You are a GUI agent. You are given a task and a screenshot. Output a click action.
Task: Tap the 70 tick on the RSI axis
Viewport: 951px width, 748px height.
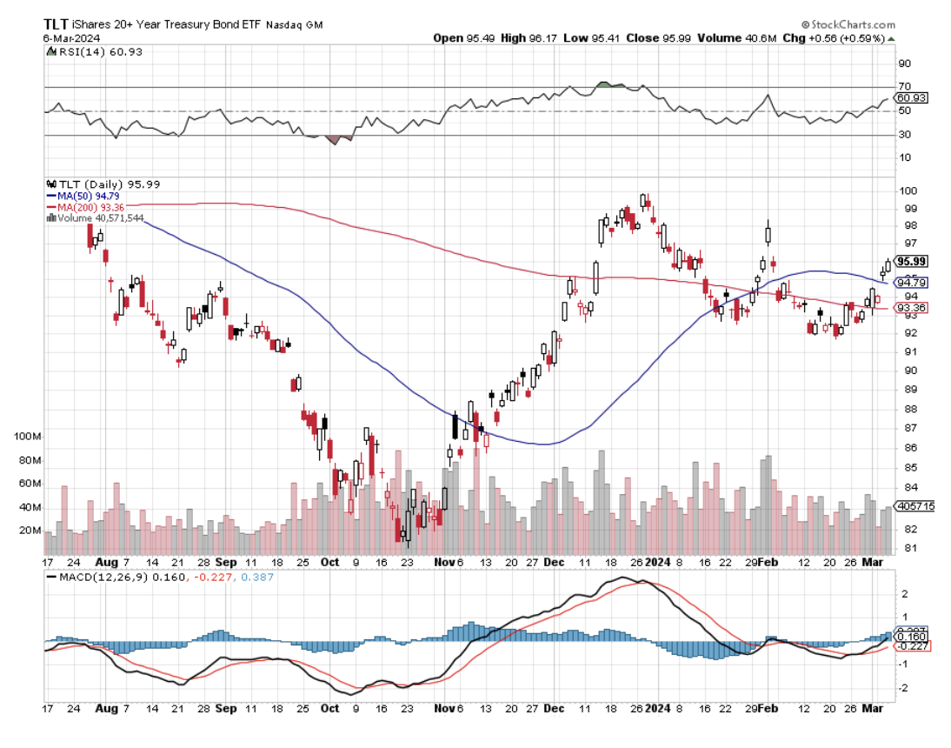905,87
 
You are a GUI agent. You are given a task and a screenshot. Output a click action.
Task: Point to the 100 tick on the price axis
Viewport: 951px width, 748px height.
908,191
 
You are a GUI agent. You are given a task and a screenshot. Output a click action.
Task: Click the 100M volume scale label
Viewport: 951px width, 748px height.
29,435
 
